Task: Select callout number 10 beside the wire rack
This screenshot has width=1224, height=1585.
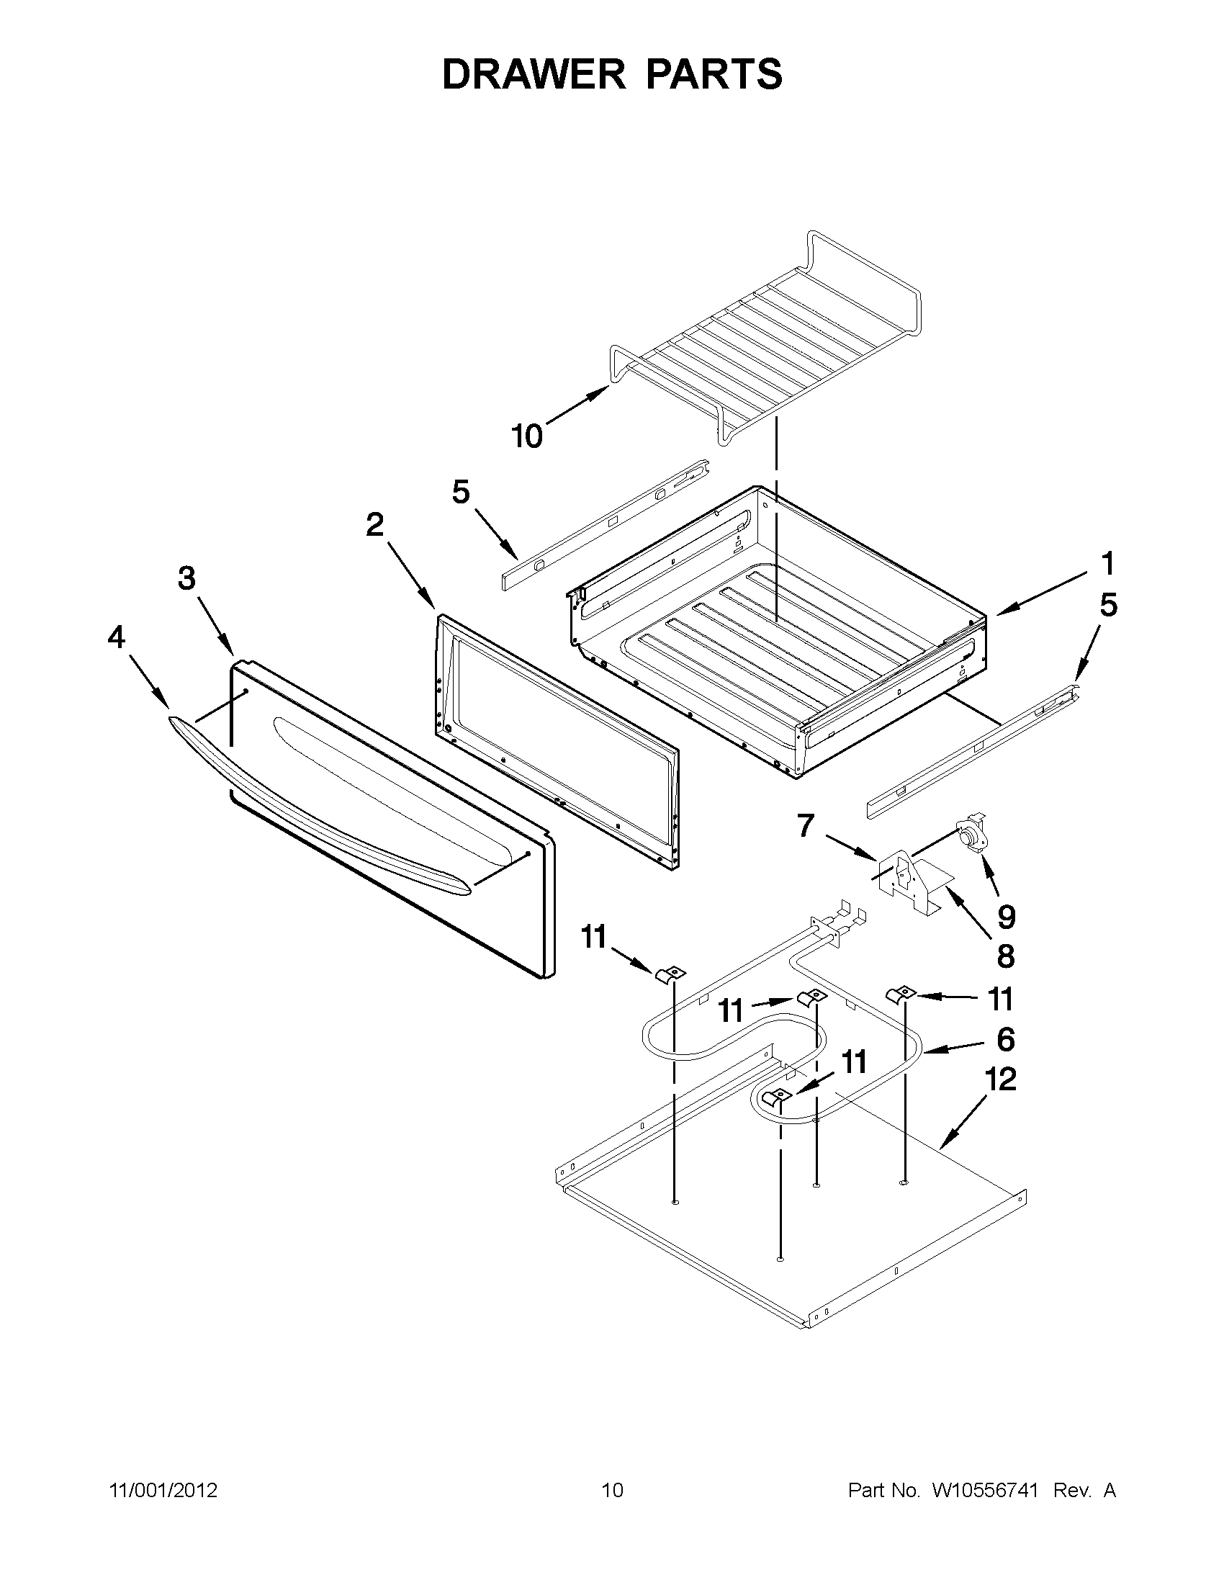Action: click(527, 437)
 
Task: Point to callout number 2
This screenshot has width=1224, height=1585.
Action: click(374, 525)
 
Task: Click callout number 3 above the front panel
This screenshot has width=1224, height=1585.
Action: click(186, 578)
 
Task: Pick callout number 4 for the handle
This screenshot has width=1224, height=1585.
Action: click(116, 637)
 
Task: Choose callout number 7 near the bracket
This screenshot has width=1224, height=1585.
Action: click(806, 825)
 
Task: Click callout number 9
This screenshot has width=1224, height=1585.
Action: click(1006, 917)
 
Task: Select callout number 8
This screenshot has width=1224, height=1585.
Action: click(1006, 956)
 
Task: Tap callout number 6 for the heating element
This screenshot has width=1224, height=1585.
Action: click(1006, 1039)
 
